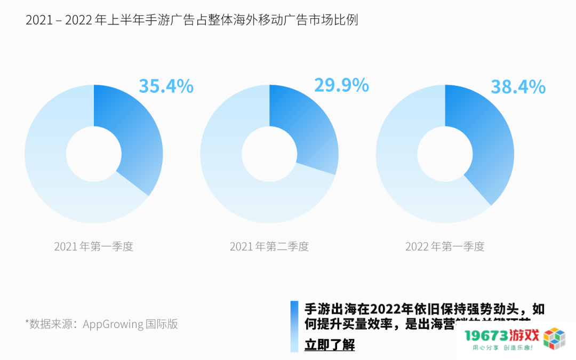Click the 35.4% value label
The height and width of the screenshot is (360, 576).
tap(166, 86)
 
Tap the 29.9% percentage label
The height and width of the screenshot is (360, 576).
tap(341, 85)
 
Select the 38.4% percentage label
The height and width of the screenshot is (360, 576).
tap(518, 86)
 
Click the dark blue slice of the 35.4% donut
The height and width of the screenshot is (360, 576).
tap(134, 134)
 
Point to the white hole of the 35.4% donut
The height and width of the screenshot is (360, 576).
tap(93, 154)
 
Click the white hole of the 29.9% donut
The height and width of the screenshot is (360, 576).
tap(269, 154)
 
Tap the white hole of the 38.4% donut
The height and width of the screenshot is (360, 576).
tap(445, 154)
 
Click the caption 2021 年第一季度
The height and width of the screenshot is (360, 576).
tap(93, 247)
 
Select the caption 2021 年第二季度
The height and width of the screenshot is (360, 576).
tap(269, 247)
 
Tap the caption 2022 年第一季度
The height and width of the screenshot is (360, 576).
tap(445, 247)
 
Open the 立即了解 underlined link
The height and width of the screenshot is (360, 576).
tap(329, 345)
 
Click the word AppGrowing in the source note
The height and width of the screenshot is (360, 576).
tap(113, 324)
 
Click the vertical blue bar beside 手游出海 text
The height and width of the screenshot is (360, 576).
tap(294, 326)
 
